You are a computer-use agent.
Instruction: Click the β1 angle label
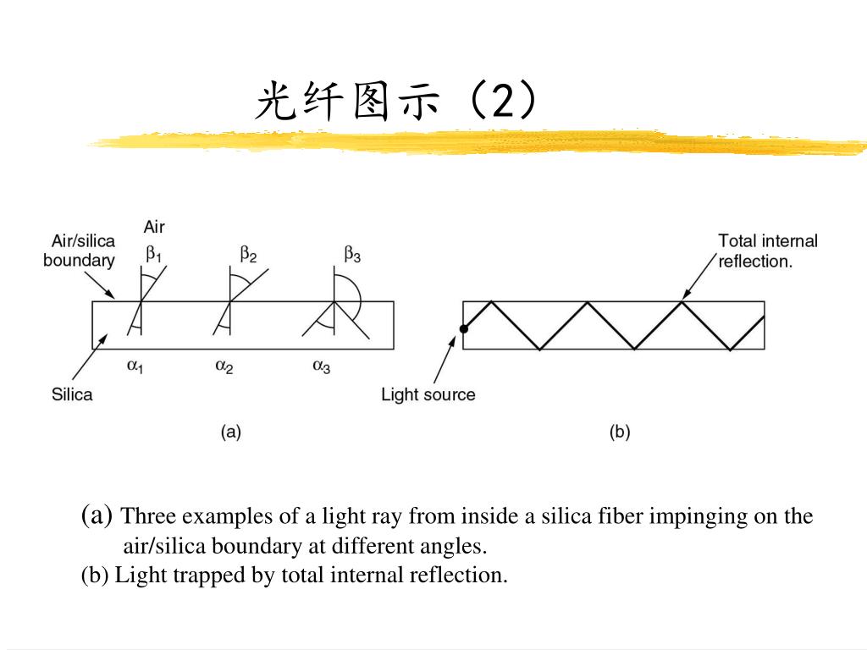(153, 253)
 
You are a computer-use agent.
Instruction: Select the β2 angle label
(248, 253)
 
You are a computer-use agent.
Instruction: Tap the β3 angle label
(352, 253)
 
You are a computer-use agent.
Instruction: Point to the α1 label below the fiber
(135, 366)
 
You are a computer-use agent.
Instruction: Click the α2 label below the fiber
(224, 366)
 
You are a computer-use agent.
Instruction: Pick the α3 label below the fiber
(322, 366)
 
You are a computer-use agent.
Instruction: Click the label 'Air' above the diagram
(154, 227)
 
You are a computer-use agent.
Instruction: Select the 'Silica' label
(72, 394)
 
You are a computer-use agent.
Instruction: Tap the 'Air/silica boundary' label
(79, 251)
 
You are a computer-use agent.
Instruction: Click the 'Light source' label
(428, 394)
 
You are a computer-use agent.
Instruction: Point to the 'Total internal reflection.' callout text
(768, 251)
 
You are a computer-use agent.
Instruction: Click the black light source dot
(463, 328)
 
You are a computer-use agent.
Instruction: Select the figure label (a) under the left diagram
(231, 432)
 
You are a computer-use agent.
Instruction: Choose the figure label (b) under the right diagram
(620, 432)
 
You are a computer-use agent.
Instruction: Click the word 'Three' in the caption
(148, 516)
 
